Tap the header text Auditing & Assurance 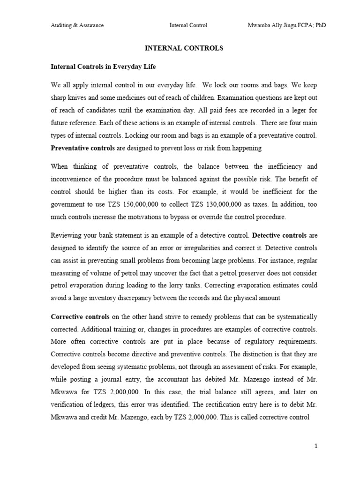pos(77,25)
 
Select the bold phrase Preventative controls pos(82,148)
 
